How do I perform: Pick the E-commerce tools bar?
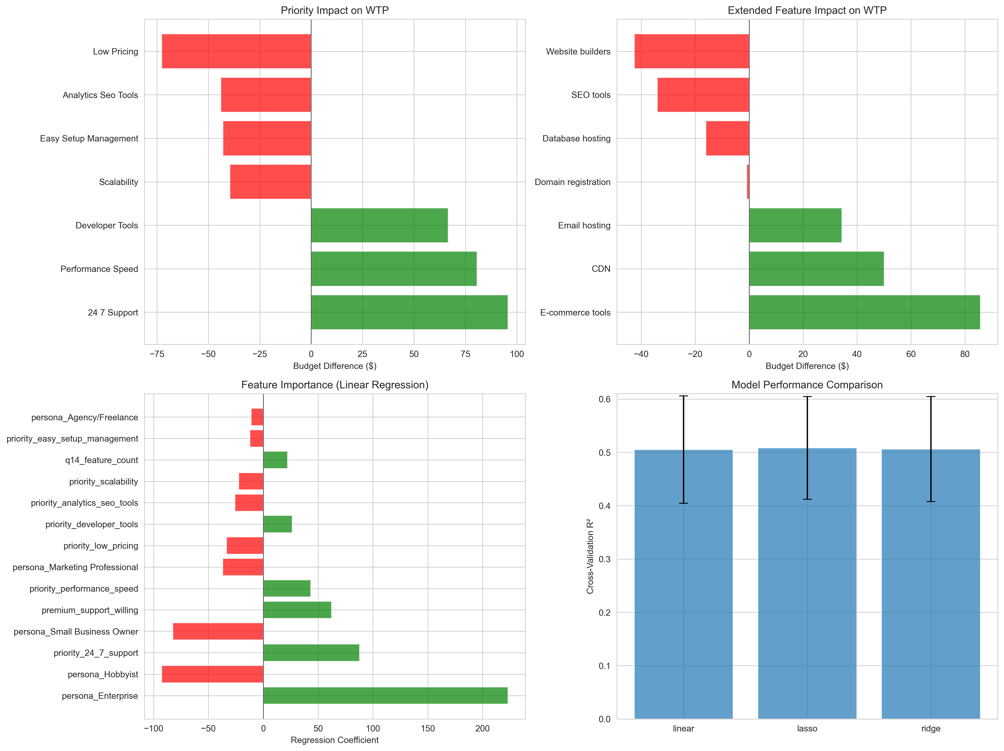pyautogui.click(x=864, y=312)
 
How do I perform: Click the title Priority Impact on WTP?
pyautogui.click(x=335, y=11)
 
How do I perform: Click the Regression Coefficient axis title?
pyautogui.click(x=335, y=740)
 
